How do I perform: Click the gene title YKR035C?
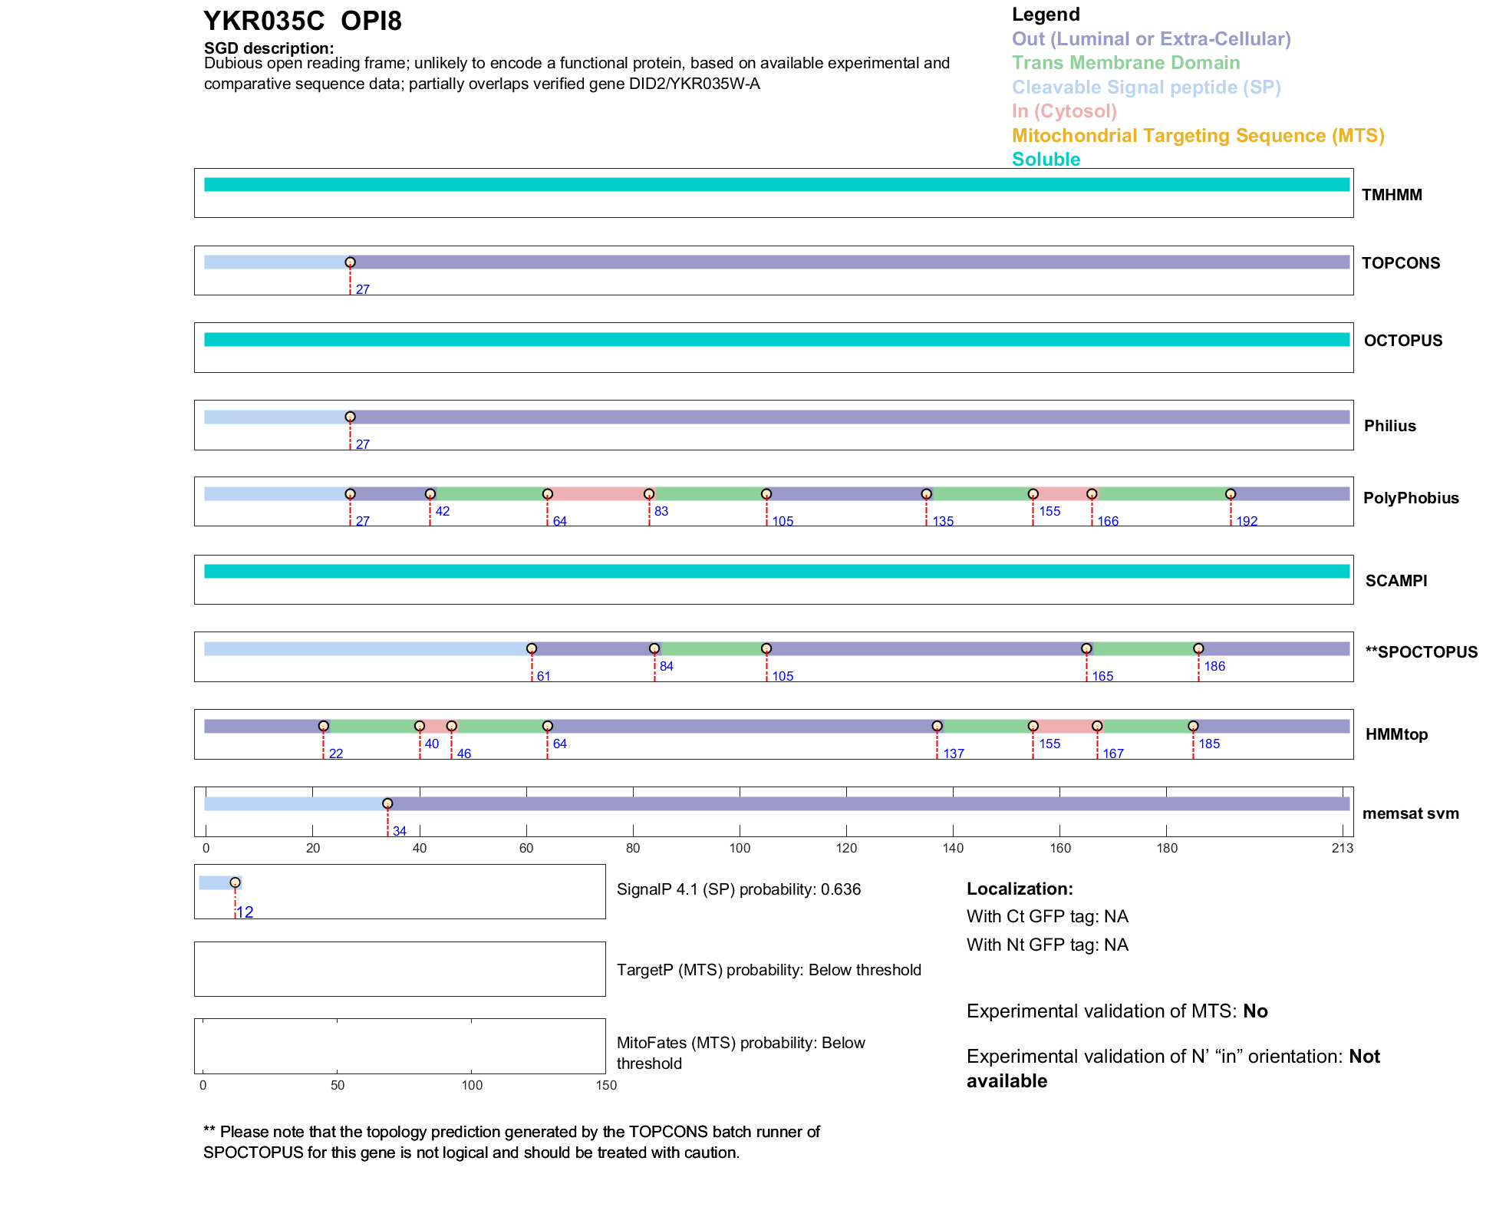point(264,21)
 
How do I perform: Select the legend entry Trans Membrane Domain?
point(1125,63)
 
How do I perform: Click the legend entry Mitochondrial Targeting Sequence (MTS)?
point(1198,136)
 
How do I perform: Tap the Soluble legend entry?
point(1046,160)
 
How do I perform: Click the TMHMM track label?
point(1391,195)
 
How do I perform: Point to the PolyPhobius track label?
point(1410,498)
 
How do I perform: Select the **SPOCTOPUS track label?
point(1421,652)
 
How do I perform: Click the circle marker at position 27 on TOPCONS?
point(350,262)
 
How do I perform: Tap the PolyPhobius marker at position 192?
point(1231,494)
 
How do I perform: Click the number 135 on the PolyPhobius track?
point(943,522)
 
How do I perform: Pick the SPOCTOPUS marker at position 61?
point(532,649)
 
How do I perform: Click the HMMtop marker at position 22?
point(324,726)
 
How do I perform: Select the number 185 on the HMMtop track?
point(1209,744)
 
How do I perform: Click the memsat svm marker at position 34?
point(387,803)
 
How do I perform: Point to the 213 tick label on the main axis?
point(1343,849)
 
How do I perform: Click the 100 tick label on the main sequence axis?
point(740,849)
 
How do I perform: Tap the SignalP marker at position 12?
point(235,882)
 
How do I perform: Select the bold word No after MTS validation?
point(1255,1011)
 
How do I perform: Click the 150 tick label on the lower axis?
point(606,1086)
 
